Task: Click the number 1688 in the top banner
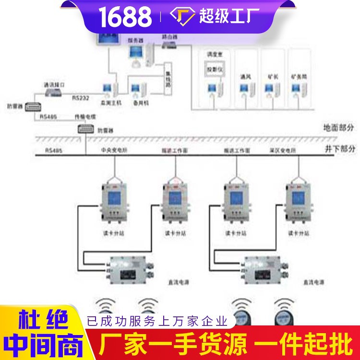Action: pyautogui.click(x=126, y=17)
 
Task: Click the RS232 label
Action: pyautogui.click(x=80, y=97)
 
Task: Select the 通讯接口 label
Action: pyautogui.click(x=54, y=84)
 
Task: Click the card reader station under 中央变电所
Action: pyautogui.click(x=113, y=200)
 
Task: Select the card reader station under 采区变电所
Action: pyautogui.click(x=297, y=200)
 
